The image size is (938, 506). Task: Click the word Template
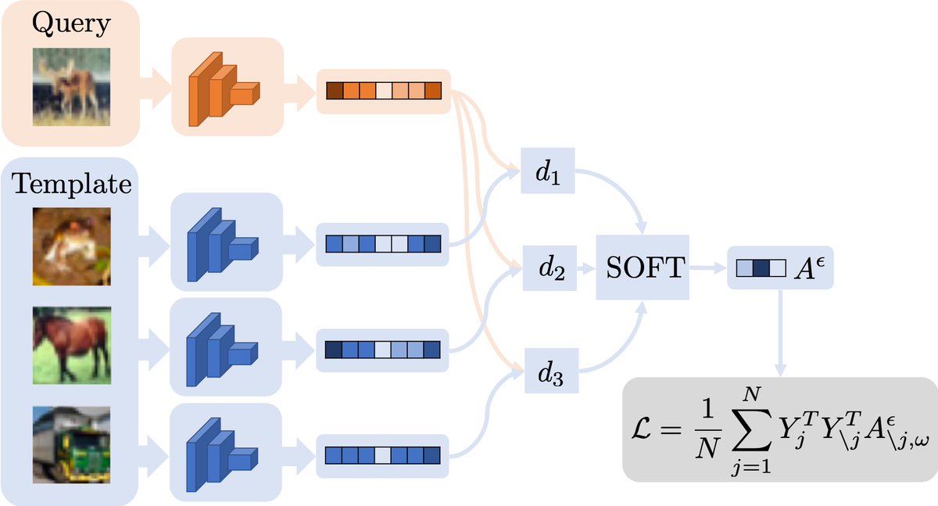(72, 184)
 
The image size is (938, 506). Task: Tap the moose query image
(72, 87)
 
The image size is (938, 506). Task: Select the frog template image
(72, 246)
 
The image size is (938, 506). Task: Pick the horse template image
(72, 346)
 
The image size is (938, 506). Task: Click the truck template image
(72, 445)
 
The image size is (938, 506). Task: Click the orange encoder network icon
(224, 89)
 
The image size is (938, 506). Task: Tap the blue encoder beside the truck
(222, 454)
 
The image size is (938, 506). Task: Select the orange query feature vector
(384, 91)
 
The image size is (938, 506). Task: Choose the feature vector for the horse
(383, 350)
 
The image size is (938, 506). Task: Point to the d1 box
(548, 170)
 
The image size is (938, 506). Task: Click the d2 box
(550, 268)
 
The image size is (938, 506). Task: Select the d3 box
(552, 371)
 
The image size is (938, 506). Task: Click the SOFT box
(643, 267)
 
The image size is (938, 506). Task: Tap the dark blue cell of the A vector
(761, 268)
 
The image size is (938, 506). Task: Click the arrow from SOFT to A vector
(707, 267)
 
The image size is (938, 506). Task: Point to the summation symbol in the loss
(752, 432)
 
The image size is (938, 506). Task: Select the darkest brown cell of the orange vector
(335, 91)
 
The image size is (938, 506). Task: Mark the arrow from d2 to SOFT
(586, 268)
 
